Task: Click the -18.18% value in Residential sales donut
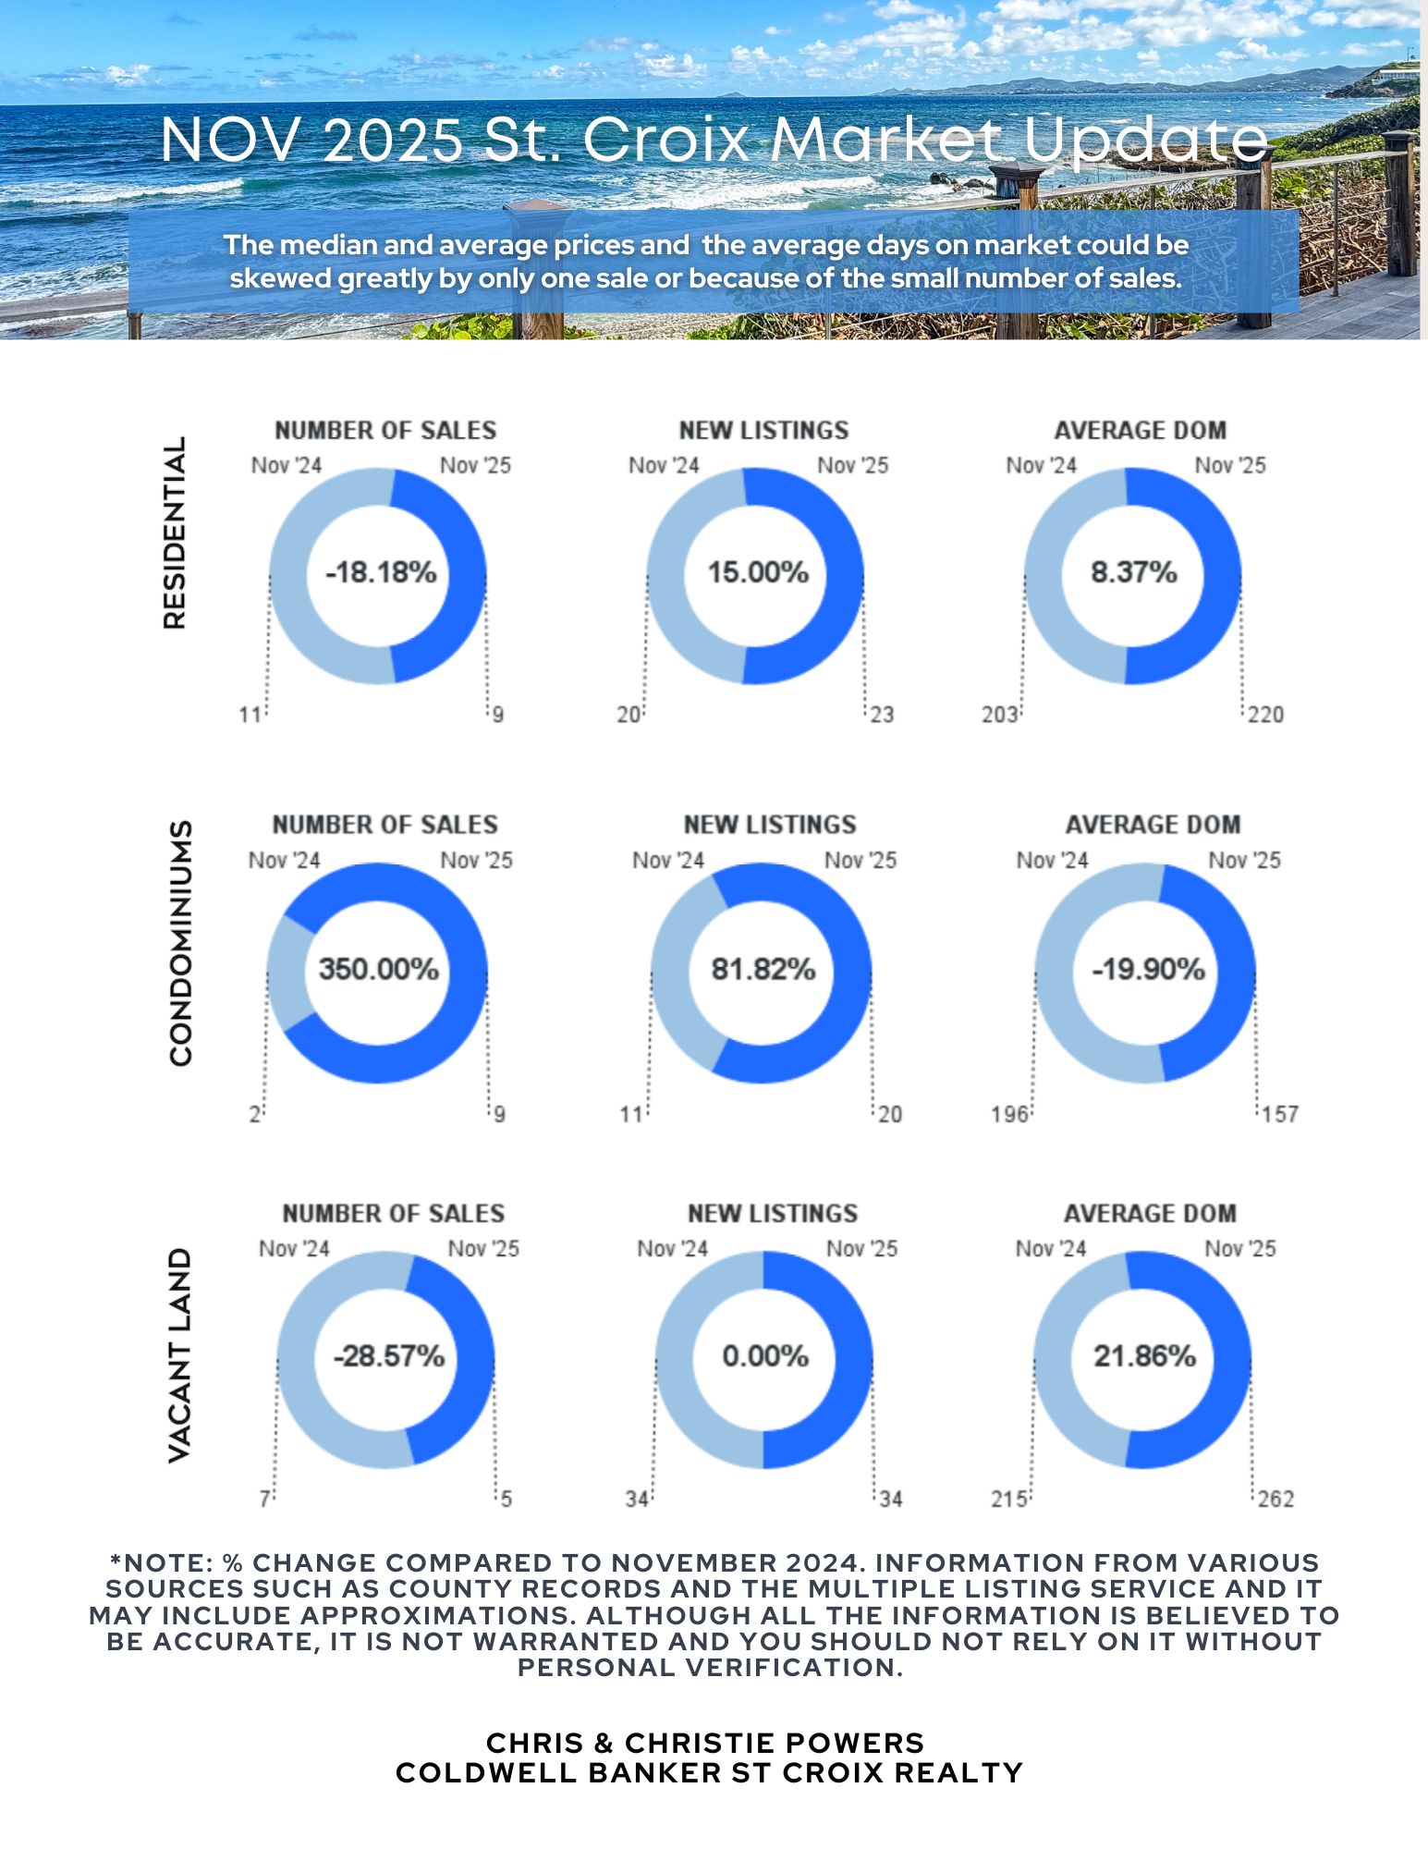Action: tap(381, 572)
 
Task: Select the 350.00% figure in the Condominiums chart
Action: tap(378, 969)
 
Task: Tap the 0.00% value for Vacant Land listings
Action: tap(765, 1356)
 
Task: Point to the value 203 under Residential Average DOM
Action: tap(999, 715)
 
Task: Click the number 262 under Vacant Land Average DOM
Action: tap(1275, 1499)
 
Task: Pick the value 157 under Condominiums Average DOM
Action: tap(1280, 1114)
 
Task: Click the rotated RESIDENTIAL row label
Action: tap(175, 533)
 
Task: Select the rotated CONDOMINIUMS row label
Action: tap(181, 942)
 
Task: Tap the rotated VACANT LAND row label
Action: tap(179, 1355)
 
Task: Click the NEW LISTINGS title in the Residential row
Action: tap(763, 431)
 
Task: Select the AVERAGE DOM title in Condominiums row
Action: tap(1153, 825)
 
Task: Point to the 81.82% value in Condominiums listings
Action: tap(763, 969)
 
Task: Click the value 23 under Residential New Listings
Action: tap(882, 715)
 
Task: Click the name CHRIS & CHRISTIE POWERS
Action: tap(705, 1743)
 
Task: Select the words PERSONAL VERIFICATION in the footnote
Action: tap(710, 1668)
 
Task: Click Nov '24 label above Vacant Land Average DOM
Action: tap(1050, 1249)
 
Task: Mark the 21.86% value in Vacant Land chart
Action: tap(1144, 1356)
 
